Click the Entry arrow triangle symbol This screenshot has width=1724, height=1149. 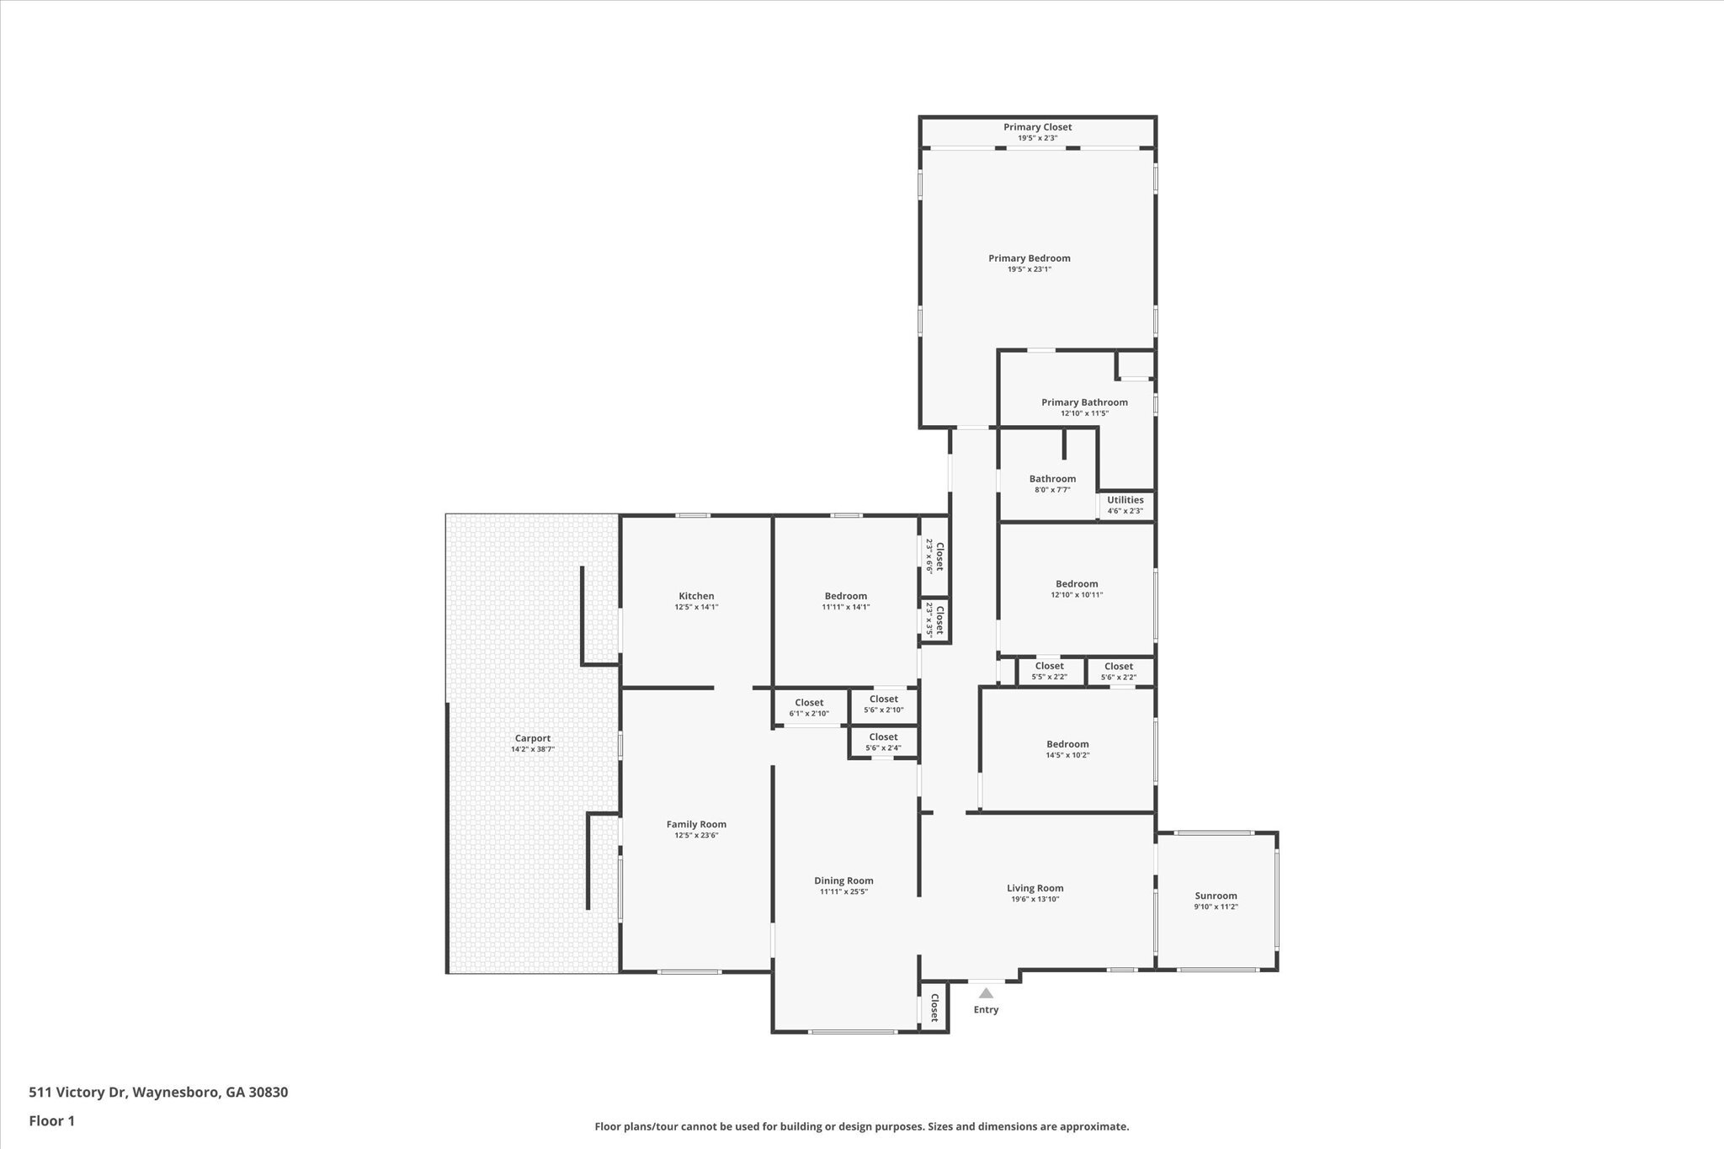click(x=986, y=993)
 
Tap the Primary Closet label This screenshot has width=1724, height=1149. click(x=1037, y=127)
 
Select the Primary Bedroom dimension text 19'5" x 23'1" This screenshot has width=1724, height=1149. click(x=1029, y=269)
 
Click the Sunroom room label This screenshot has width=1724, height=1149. click(x=1216, y=896)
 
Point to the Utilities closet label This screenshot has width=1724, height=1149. click(x=1125, y=500)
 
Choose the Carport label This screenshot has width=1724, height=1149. click(x=532, y=738)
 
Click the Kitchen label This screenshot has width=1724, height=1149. click(x=696, y=596)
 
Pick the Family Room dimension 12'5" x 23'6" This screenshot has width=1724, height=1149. click(x=696, y=836)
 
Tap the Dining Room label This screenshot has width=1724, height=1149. click(x=843, y=880)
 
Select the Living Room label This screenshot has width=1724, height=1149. click(x=1035, y=888)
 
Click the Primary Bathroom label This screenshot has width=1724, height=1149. click(x=1084, y=402)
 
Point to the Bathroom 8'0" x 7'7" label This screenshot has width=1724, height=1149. click(x=1052, y=479)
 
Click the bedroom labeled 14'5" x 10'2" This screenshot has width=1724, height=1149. click(x=1067, y=744)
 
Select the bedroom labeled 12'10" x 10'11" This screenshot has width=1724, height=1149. click(x=1077, y=584)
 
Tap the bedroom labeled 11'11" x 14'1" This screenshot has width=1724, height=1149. click(x=845, y=596)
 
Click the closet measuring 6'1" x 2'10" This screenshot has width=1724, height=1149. click(x=809, y=703)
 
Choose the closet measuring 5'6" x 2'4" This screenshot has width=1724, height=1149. click(x=883, y=737)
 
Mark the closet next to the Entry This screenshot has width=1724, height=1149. click(x=934, y=1008)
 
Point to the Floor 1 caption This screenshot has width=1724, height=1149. click(x=52, y=1121)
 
